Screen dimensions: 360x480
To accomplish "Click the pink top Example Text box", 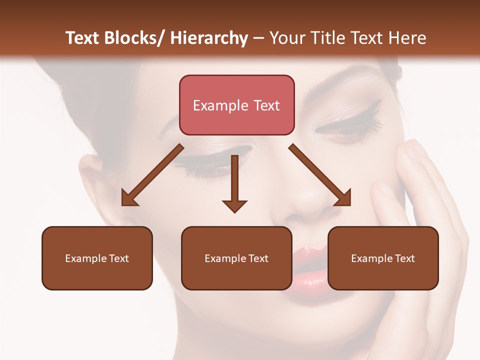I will (236, 105).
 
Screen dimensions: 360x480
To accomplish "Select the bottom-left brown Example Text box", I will (97, 258).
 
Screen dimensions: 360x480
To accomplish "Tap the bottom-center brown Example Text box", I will (236, 258).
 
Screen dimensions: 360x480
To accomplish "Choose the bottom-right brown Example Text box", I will (383, 258).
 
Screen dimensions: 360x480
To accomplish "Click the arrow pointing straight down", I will (234, 183).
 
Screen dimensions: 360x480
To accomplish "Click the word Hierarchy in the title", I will (209, 38).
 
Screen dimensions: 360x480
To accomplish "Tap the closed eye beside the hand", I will (345, 125).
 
